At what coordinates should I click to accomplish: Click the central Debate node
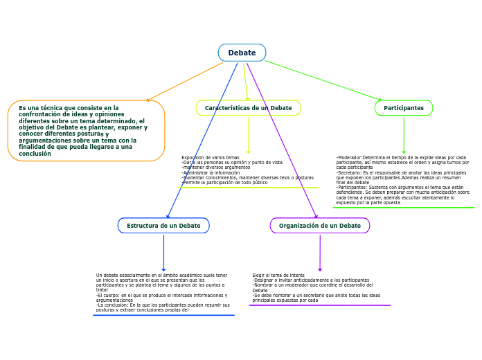click(242, 53)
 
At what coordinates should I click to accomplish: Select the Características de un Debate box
click(248, 108)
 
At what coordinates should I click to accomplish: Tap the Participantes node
click(404, 108)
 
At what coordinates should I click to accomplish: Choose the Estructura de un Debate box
click(163, 226)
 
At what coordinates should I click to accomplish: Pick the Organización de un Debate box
click(319, 226)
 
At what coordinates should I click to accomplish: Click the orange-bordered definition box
click(86, 131)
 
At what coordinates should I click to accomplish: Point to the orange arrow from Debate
click(185, 82)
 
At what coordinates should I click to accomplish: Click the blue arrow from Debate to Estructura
click(202, 141)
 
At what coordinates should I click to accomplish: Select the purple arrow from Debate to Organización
click(282, 141)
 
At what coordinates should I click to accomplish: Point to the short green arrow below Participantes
click(404, 134)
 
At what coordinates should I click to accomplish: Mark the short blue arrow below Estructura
click(163, 253)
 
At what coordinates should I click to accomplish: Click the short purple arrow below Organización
click(320, 253)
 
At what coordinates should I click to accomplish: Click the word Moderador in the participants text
click(350, 157)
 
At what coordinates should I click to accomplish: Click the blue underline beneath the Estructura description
click(163, 315)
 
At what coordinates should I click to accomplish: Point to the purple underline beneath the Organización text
click(319, 305)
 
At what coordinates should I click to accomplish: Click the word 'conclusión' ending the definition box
click(35, 154)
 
